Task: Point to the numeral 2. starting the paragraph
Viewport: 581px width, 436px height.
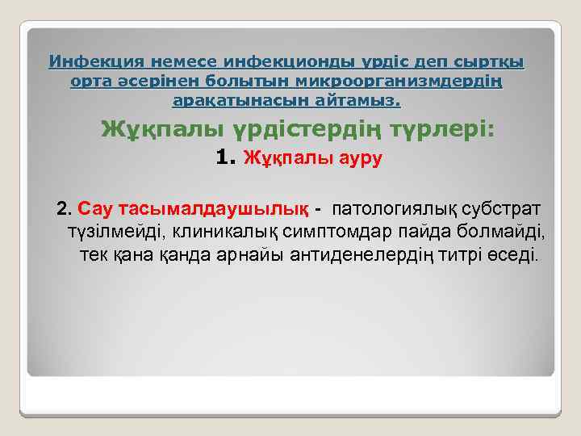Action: [x=65, y=210]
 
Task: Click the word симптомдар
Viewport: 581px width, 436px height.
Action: [x=336, y=233]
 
